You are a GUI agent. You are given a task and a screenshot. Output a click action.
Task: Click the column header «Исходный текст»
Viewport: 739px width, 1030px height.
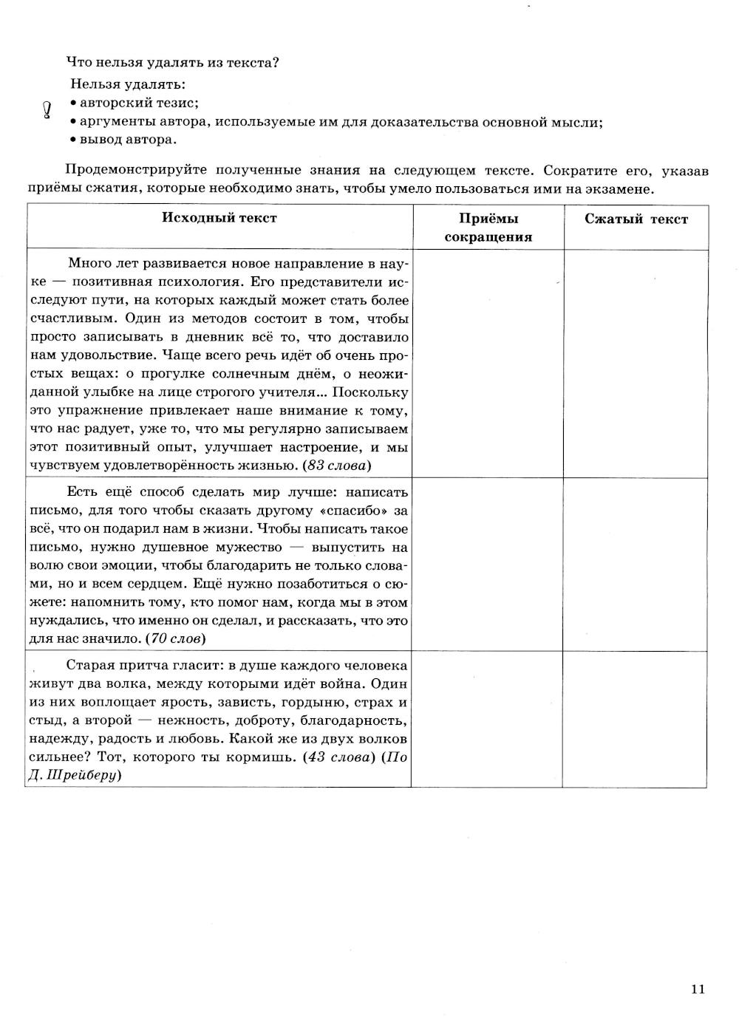click(219, 218)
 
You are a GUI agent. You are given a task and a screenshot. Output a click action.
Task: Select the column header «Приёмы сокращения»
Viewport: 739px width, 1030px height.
click(488, 228)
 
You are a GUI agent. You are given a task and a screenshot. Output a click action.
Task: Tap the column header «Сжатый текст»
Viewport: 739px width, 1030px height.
click(636, 219)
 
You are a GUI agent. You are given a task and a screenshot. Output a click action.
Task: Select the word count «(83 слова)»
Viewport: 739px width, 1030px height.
click(338, 465)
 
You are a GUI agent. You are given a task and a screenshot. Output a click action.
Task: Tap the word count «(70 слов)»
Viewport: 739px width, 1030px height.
click(176, 638)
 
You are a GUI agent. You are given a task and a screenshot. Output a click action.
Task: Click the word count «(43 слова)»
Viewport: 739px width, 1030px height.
click(340, 757)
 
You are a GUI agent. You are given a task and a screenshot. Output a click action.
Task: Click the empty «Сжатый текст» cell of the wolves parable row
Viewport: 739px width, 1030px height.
click(635, 718)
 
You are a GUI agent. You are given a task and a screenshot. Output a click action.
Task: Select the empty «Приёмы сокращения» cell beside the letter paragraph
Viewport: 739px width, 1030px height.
click(488, 564)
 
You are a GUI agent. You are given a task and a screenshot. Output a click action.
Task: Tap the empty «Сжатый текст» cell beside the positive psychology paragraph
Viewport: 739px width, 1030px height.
click(635, 363)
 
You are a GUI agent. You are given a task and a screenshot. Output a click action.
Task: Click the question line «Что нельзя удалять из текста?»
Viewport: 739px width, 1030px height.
click(172, 63)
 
